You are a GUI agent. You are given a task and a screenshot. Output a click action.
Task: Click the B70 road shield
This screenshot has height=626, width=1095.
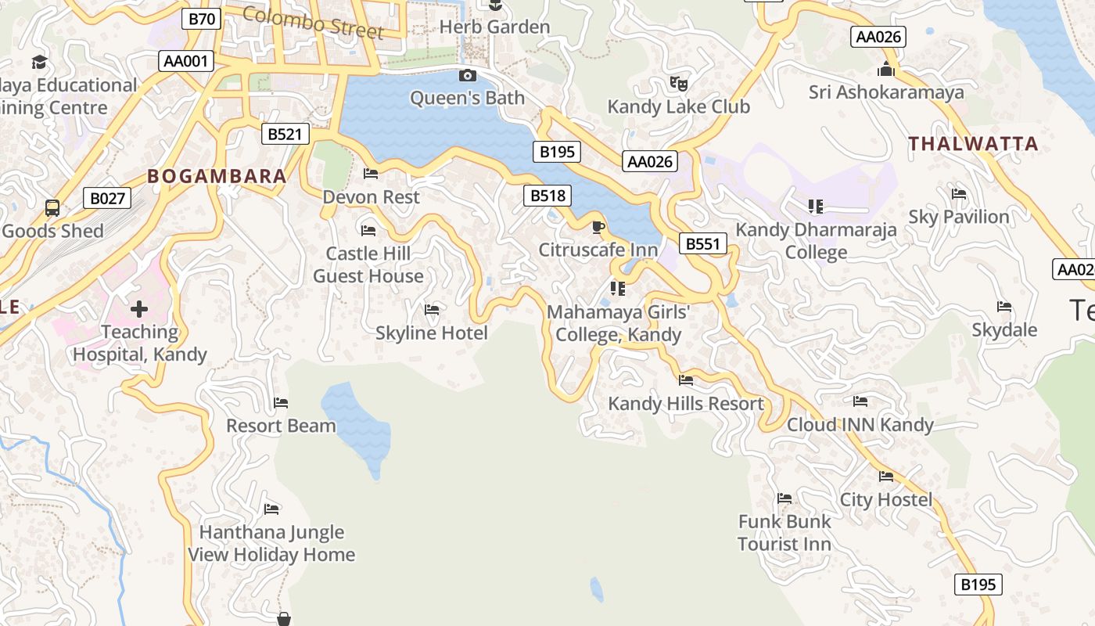[x=201, y=19]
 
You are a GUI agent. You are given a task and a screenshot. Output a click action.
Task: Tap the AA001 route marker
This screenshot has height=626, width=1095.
[x=186, y=61]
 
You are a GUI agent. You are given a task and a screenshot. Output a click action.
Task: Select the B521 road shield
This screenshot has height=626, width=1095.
[x=285, y=134]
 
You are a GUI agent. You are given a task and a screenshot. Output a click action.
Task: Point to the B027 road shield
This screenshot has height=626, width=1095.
[x=107, y=198]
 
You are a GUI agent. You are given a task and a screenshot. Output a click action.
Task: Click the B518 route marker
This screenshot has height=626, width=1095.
[x=547, y=196]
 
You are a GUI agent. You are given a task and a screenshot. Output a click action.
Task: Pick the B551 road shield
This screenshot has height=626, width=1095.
[x=702, y=243]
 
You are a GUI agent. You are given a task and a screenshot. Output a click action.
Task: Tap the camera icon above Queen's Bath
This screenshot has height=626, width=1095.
[x=468, y=75]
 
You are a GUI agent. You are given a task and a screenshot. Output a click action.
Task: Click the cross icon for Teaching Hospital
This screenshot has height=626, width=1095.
[x=139, y=309]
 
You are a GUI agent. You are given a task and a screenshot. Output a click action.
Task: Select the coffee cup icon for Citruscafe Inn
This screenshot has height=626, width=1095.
[x=598, y=227]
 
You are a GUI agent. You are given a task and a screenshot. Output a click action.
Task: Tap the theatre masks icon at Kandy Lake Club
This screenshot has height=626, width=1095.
[x=679, y=82]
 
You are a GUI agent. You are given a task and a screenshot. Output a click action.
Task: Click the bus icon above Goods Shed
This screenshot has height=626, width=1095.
[x=52, y=208]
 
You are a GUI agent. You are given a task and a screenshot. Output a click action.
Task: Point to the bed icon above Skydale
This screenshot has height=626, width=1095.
[x=1004, y=307]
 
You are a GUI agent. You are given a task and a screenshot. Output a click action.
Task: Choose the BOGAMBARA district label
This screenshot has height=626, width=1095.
[x=217, y=176]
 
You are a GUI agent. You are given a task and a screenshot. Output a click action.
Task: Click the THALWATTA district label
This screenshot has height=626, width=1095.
[x=973, y=143]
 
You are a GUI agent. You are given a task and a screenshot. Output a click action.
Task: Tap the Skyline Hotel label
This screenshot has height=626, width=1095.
[x=432, y=333]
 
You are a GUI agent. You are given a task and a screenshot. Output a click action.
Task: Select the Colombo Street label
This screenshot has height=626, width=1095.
[x=313, y=22]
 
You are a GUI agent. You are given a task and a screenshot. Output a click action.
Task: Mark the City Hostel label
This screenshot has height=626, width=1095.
[x=886, y=499]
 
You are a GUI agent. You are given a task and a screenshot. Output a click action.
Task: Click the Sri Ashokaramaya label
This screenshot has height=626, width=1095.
[x=886, y=92]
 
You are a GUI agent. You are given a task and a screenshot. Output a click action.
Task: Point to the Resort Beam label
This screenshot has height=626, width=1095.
[x=281, y=426]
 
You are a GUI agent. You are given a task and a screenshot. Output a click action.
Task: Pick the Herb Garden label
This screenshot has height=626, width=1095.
[x=494, y=27]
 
